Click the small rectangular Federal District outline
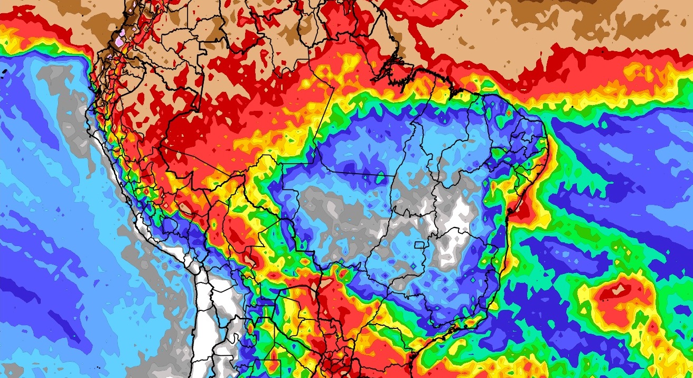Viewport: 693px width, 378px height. coord(420,245)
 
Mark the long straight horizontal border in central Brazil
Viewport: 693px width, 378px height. coord(338,172)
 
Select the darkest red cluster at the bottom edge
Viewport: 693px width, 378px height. coord(333,364)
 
